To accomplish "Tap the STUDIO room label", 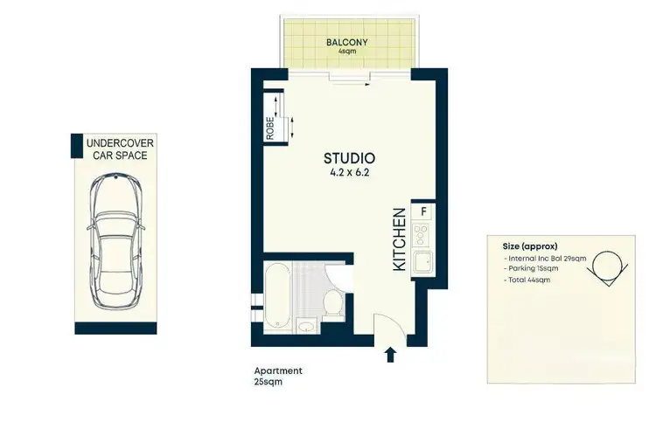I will point(349,158).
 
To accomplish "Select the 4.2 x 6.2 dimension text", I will point(349,173).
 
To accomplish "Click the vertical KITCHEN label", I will point(399,238).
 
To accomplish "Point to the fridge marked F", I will point(423,211).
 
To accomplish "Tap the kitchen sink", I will point(422,261).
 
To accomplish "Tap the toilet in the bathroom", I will point(332,301).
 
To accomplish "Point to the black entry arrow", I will point(390,354).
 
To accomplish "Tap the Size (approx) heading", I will point(530,246).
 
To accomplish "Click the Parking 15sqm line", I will point(531,268).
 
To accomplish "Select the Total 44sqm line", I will point(528,280).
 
